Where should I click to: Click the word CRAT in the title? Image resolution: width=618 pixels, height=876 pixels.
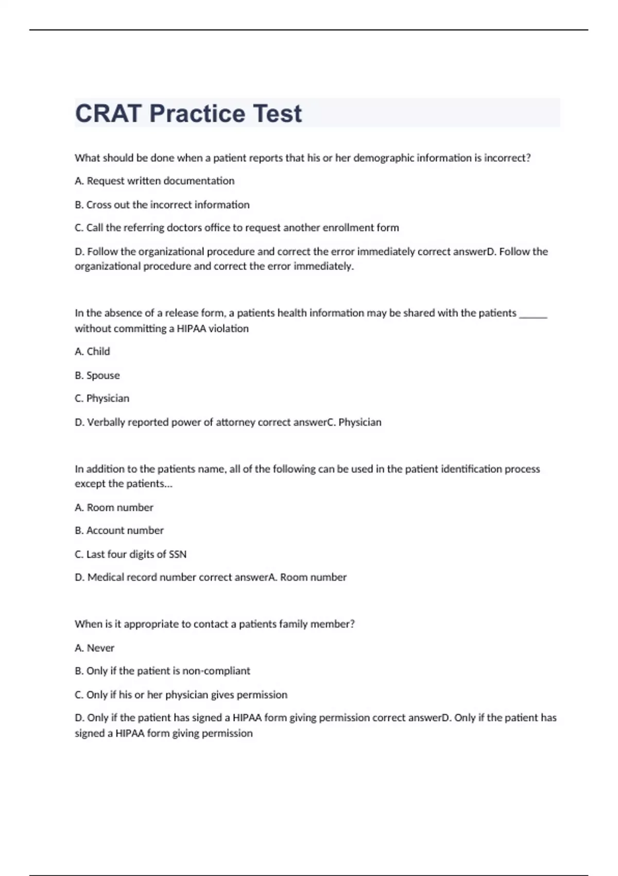(108, 113)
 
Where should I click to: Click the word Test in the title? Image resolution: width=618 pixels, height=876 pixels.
(278, 113)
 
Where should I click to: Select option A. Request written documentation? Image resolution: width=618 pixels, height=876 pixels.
(154, 181)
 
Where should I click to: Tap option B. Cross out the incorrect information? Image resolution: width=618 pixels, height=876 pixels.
(162, 205)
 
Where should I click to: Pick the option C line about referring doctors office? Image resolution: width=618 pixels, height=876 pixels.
(237, 228)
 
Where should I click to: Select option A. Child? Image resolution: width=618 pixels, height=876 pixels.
(92, 351)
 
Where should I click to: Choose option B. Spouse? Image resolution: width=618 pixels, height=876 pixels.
(97, 375)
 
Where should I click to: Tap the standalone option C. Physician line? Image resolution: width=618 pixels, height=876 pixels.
(102, 398)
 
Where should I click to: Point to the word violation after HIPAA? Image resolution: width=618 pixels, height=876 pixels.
(228, 329)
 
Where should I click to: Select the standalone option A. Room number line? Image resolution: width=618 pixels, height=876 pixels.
(114, 508)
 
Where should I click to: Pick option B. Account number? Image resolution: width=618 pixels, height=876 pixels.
(119, 530)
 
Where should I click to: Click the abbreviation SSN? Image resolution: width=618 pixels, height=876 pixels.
(178, 554)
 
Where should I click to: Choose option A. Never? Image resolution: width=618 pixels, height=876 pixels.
(94, 648)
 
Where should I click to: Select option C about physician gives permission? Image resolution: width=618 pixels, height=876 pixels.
(181, 695)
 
